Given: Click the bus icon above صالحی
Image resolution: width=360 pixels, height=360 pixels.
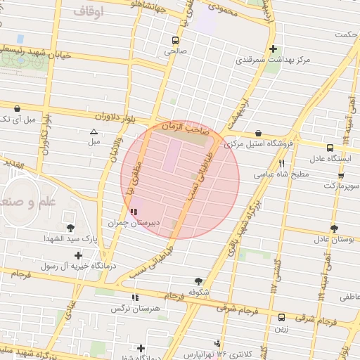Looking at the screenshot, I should pyautogui.click(x=174, y=40).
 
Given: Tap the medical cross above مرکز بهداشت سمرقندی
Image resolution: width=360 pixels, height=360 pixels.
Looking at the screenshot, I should pyautogui.click(x=273, y=49).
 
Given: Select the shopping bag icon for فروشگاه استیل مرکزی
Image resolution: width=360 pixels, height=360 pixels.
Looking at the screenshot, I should pyautogui.click(x=259, y=133).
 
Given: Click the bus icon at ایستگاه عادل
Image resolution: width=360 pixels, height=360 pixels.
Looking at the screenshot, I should pyautogui.click(x=329, y=148).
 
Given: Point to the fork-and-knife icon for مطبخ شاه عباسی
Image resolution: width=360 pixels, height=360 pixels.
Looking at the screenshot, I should pyautogui.click(x=282, y=162).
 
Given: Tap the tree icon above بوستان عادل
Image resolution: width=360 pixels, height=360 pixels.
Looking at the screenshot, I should pyautogui.click(x=333, y=228).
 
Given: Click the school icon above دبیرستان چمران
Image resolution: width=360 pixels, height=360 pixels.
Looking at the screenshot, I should pyautogui.click(x=134, y=211).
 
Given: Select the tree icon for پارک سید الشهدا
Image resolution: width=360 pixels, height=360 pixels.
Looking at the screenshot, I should pyautogui.click(x=70, y=227).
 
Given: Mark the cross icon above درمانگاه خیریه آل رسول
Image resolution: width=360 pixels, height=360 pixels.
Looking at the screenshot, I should pyautogui.click(x=78, y=255).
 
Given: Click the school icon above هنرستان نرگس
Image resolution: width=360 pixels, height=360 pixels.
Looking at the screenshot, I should pyautogui.click(x=135, y=297).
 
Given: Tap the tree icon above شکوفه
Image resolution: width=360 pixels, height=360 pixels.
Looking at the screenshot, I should pyautogui.click(x=198, y=280).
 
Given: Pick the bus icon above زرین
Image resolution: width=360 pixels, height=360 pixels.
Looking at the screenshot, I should pyautogui.click(x=281, y=317).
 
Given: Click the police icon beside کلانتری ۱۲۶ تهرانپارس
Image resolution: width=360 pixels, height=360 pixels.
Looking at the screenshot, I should pyautogui.click(x=218, y=344).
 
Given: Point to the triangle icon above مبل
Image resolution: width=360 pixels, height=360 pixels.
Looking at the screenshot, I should pyautogui.click(x=94, y=131).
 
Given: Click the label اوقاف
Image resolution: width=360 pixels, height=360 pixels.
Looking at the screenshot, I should pyautogui.click(x=87, y=12).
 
